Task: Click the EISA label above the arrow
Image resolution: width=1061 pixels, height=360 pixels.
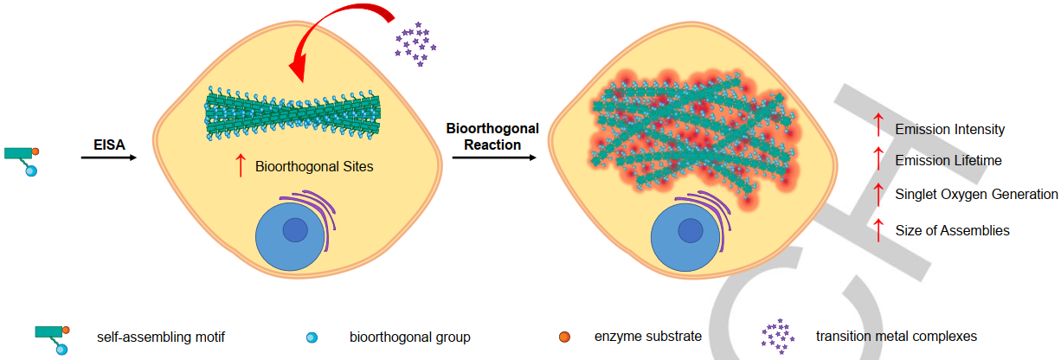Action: point(109,145)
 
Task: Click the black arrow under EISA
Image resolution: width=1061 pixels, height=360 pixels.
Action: point(109,157)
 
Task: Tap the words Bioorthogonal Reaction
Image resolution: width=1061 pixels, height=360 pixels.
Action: point(492,137)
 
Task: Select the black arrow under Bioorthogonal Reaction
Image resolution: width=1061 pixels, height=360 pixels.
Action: point(494,157)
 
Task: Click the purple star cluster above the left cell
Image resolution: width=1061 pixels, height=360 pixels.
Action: point(415,44)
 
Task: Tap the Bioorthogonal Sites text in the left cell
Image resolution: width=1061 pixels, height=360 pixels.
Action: point(314,167)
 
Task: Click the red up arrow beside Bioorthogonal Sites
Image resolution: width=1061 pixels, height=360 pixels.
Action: point(241,165)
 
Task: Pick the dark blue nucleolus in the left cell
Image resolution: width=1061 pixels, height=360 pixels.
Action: point(295,230)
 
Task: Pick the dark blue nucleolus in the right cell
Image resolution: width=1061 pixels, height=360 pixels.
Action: point(690,231)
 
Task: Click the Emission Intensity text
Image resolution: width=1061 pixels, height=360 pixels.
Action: point(949,129)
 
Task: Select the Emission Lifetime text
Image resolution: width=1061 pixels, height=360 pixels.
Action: point(948,161)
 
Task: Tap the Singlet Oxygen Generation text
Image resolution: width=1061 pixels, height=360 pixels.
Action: point(976,194)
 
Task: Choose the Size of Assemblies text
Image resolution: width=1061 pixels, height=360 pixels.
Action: point(952,231)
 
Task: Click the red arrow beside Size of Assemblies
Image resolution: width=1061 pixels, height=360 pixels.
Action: point(878,230)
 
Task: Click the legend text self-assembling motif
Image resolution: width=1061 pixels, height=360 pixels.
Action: point(161,337)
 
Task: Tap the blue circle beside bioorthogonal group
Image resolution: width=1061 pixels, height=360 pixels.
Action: point(312,337)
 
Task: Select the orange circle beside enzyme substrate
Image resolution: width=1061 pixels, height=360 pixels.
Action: point(564,337)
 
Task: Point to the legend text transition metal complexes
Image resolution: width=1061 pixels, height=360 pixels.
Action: point(897,337)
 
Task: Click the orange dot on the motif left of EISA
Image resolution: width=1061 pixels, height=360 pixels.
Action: point(35,151)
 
